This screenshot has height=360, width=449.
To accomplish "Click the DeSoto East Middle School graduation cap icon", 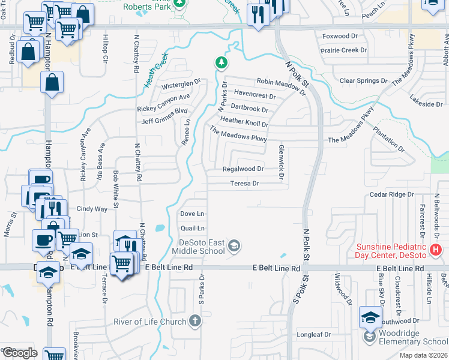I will click(x=235, y=245).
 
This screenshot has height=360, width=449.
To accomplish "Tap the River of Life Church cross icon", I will click(x=194, y=321).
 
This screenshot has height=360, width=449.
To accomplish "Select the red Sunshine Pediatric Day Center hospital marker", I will click(x=436, y=249).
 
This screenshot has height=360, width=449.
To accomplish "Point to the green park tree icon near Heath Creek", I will click(x=221, y=62).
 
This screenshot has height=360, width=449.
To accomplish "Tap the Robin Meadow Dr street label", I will click(x=282, y=83).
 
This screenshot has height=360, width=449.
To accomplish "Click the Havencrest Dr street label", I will click(x=255, y=95).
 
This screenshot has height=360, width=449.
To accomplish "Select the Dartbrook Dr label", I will click(x=249, y=109).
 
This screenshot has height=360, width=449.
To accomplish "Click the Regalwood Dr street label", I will click(x=243, y=169).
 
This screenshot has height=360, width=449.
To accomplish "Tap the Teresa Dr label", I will click(x=245, y=184).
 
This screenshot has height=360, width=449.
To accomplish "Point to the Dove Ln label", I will click(x=193, y=214).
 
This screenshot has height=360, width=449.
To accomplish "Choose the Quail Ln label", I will click(x=193, y=228).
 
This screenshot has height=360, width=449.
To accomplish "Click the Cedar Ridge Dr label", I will click(x=392, y=194).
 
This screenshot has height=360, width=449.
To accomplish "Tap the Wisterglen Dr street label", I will click(x=180, y=83).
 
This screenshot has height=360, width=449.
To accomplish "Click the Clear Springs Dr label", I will click(x=364, y=80).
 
